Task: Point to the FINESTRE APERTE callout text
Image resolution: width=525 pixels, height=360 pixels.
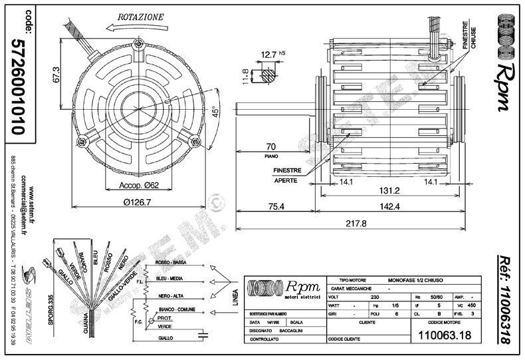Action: pos(286,175)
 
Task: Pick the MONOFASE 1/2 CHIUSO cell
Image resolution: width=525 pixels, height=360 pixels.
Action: pos(417,281)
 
